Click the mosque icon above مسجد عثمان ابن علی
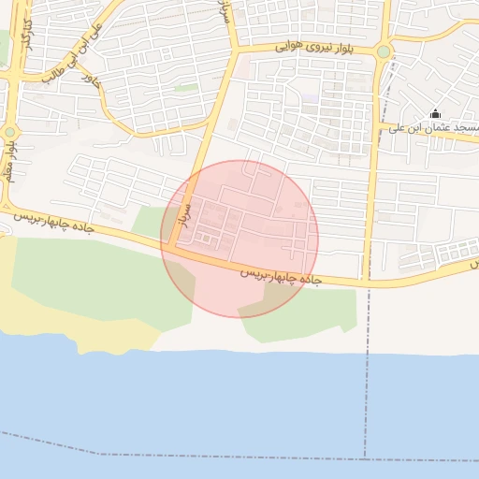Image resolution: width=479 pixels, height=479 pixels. coord(434,114)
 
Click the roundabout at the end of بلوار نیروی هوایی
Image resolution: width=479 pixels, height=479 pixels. coord(384,51)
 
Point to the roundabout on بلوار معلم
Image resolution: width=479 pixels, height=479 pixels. coord(9,132)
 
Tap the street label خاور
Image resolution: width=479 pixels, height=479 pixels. coord(90,85)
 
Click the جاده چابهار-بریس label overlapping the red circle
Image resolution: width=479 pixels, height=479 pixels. coord(281,277)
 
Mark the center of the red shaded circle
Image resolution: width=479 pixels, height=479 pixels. coord(239,239)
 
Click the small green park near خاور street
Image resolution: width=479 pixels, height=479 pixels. coord(186,88)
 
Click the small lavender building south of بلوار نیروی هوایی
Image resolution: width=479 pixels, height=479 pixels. coord(311,96)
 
